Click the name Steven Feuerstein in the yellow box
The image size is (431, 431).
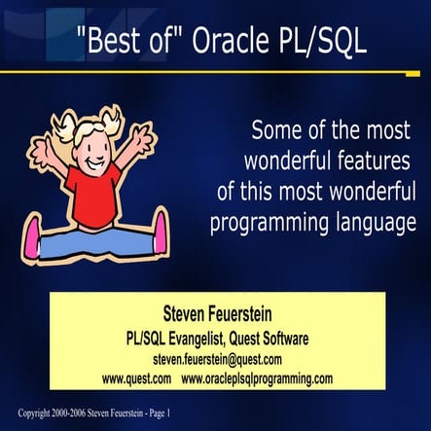click(215, 316)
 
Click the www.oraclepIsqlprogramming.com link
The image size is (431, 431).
click(258, 377)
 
